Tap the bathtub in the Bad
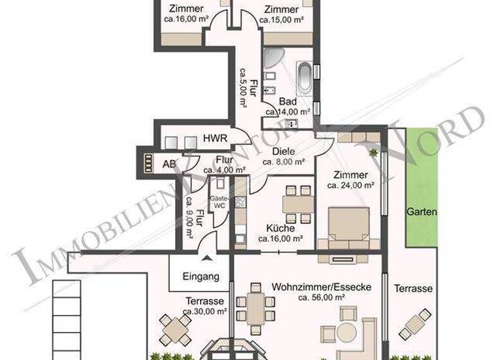tap(305, 78)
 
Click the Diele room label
tap(283, 152)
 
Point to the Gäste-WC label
tap(219, 203)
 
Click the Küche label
tap(280, 228)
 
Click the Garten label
tap(421, 212)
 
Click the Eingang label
tap(201, 278)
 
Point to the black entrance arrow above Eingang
tap(206, 258)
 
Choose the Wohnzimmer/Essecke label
tap(321, 287)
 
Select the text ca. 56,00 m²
tap(321, 298)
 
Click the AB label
tap(169, 164)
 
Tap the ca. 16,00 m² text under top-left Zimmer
tap(186, 20)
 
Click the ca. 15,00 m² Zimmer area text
tap(281, 20)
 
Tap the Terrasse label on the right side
tap(413, 289)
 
